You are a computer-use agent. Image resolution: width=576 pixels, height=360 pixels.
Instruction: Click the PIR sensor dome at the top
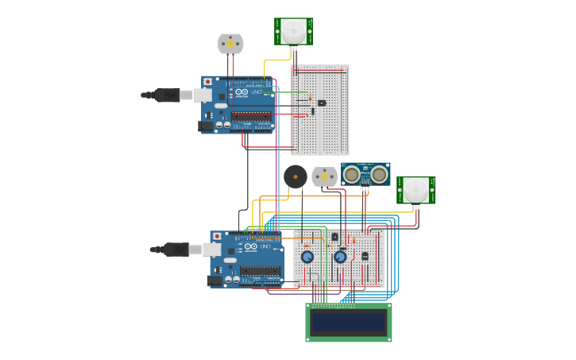(293, 31)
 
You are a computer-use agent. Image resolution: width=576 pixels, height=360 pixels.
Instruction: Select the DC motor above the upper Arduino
(230, 44)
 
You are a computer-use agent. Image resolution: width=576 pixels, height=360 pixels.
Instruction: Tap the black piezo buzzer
(296, 176)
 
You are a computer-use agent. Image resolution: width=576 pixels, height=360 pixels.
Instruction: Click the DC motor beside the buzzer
(324, 176)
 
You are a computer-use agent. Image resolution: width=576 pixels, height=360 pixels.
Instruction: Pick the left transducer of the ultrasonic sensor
(351, 174)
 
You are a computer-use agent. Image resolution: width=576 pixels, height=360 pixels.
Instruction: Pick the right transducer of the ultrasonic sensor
(379, 174)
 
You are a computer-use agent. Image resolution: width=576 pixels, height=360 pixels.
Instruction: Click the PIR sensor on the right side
(416, 190)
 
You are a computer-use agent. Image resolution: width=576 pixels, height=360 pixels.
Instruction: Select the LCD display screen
(349, 323)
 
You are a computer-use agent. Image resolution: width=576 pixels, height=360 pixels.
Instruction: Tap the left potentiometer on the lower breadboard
(307, 256)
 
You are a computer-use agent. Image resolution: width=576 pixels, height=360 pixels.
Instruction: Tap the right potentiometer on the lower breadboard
(340, 256)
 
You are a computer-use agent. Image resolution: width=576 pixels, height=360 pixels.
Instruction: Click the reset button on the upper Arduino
(208, 82)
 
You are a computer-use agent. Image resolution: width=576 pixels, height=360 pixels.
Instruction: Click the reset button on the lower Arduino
(217, 237)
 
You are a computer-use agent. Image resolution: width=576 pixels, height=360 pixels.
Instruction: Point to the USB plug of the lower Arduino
(176, 250)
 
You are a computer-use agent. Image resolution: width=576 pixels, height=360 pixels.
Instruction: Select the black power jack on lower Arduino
(214, 280)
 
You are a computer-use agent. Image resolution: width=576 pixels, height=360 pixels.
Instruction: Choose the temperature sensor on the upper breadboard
(321, 103)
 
